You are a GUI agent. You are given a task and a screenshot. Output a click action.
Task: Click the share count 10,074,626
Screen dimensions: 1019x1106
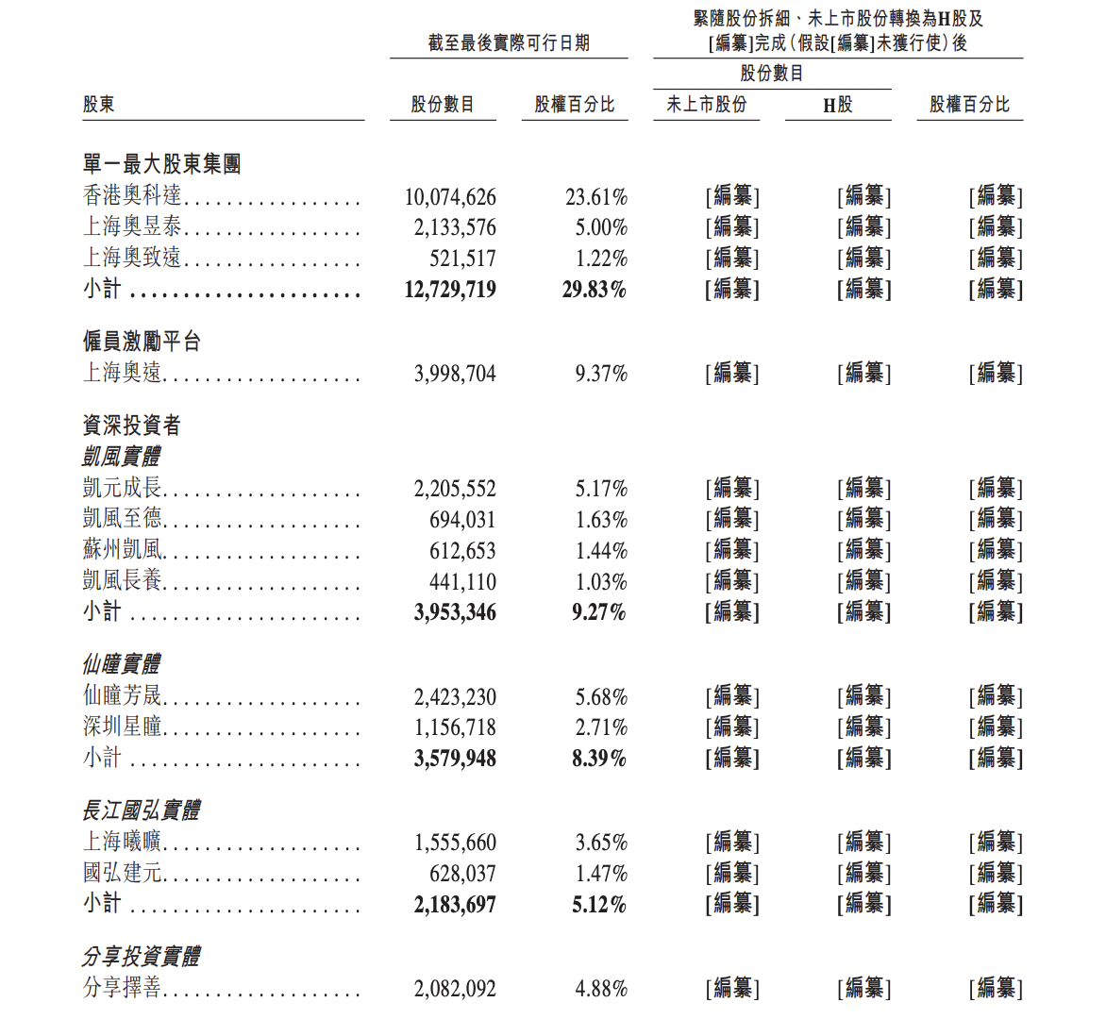click(450, 197)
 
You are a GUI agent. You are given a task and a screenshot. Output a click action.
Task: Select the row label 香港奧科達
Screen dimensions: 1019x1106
click(132, 195)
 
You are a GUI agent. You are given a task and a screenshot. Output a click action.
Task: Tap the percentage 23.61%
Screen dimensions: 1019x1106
click(596, 197)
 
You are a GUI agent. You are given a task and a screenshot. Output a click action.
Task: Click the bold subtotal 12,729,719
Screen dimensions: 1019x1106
click(450, 290)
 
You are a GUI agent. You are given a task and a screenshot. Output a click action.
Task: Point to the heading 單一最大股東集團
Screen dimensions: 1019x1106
click(161, 164)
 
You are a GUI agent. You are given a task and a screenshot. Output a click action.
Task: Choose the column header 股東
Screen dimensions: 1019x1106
click(99, 105)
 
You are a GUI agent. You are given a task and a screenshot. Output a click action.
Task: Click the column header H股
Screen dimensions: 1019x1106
click(837, 105)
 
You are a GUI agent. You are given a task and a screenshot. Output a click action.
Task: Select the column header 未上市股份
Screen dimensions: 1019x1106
click(706, 105)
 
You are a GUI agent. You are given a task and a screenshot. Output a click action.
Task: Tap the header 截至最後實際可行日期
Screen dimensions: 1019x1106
click(509, 42)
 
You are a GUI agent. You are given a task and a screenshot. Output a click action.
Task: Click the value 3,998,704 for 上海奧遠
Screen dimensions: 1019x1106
click(455, 375)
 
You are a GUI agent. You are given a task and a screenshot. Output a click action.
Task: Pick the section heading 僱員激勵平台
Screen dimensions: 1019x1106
click(142, 342)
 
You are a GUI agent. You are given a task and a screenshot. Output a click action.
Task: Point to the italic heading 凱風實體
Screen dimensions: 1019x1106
click(122, 457)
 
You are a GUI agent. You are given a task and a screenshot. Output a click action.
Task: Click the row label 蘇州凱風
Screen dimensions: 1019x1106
click(123, 550)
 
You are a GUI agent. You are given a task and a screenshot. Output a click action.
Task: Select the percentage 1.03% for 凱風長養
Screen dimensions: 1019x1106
click(601, 582)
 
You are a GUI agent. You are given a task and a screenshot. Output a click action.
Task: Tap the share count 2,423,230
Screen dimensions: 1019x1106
click(455, 697)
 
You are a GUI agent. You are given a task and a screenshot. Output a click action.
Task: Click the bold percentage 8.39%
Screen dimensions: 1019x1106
click(599, 759)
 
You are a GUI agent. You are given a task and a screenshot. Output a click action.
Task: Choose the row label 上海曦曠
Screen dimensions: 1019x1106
click(123, 842)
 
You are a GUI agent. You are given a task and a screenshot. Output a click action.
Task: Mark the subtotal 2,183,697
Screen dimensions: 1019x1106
click(455, 905)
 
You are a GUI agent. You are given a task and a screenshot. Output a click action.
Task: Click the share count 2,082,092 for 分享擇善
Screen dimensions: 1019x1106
click(455, 989)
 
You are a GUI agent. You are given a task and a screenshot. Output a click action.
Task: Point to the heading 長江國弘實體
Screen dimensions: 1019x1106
click(142, 810)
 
